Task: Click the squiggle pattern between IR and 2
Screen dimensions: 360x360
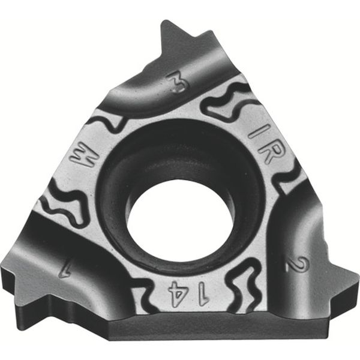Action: pyautogui.click(x=287, y=180)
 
